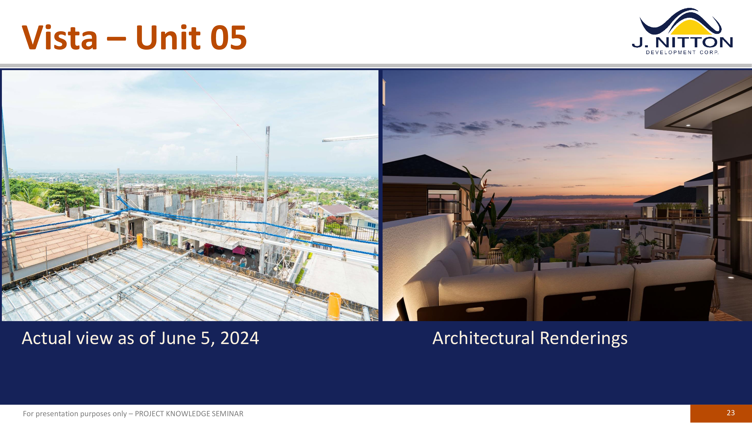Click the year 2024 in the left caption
[x=239, y=338]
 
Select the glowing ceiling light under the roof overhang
[x=688, y=125]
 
